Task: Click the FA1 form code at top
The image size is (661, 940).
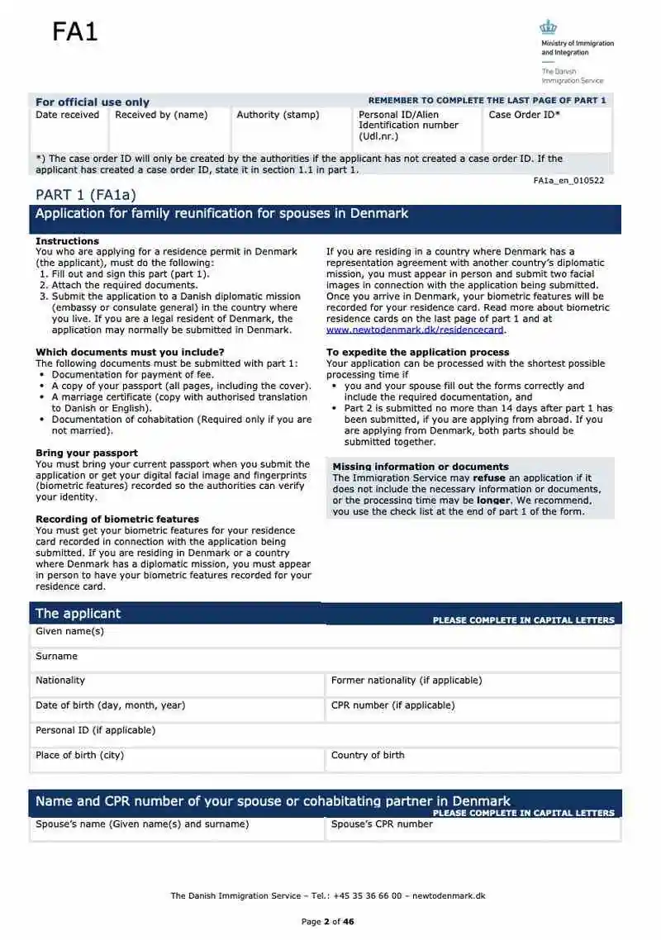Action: (x=75, y=32)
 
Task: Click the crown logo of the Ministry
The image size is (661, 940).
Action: (x=549, y=27)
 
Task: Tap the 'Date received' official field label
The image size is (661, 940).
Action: (x=67, y=115)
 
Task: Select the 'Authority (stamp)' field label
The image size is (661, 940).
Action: (x=278, y=115)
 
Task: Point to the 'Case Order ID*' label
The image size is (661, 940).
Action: (x=524, y=115)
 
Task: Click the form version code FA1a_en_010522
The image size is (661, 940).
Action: (x=568, y=180)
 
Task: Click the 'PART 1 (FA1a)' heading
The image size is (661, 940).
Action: (x=85, y=195)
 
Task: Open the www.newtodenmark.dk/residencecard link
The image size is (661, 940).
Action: (x=415, y=330)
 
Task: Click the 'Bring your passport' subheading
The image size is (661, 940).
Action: (x=87, y=453)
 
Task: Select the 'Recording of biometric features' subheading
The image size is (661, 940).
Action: (x=117, y=519)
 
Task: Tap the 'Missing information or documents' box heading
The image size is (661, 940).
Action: (x=421, y=467)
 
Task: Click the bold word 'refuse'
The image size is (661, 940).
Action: (x=489, y=478)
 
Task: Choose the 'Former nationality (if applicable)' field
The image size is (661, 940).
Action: (x=473, y=686)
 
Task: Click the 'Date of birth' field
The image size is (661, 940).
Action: (x=177, y=710)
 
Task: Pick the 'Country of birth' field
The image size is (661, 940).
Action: (x=473, y=760)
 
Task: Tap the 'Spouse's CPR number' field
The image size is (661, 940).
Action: (x=473, y=828)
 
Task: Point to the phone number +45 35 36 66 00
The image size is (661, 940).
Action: (x=369, y=895)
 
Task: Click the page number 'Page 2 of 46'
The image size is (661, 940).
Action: (x=327, y=922)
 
